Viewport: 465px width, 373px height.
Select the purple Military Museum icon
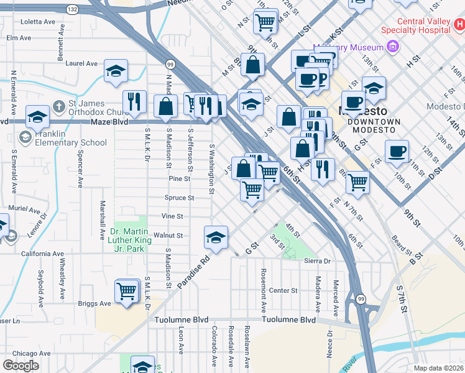[x=392, y=47]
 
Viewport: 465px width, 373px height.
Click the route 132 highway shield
[x=73, y=10]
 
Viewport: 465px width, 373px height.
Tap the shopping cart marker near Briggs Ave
[x=127, y=290]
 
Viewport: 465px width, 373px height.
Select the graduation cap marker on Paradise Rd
[x=216, y=237]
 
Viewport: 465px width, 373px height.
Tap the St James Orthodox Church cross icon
[x=58, y=105]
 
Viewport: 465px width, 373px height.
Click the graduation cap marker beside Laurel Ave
[x=116, y=71]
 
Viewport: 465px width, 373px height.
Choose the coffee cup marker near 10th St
[x=397, y=150]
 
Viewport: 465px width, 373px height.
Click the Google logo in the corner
[x=21, y=366]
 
